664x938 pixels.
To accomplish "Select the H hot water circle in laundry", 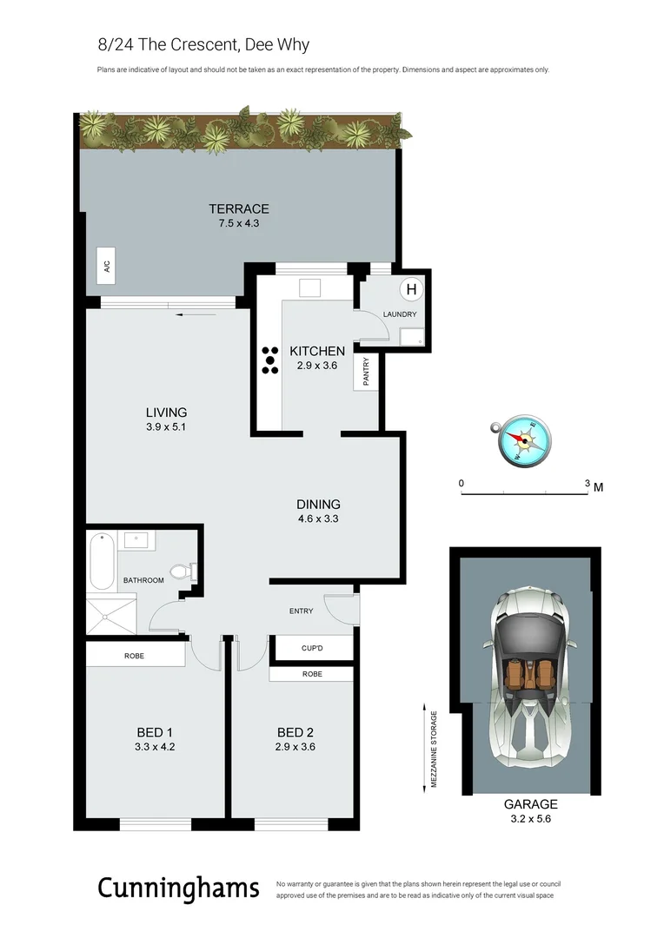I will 411,289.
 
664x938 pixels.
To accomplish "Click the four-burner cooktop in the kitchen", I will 269,360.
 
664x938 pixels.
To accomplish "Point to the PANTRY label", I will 366,373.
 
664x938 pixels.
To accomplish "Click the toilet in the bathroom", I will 183,571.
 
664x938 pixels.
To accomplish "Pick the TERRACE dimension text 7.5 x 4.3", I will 238,223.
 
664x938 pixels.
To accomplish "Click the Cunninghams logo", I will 178,888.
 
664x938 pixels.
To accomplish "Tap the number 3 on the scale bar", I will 588,484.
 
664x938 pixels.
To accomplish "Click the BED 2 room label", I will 295,732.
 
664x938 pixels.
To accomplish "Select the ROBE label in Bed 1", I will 134,656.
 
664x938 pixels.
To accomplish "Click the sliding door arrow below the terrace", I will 189,314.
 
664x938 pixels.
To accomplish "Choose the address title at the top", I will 203,44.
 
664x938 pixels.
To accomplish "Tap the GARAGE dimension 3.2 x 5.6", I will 530,818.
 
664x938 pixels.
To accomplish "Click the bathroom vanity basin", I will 137,540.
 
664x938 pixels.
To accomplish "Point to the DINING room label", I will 318,504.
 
